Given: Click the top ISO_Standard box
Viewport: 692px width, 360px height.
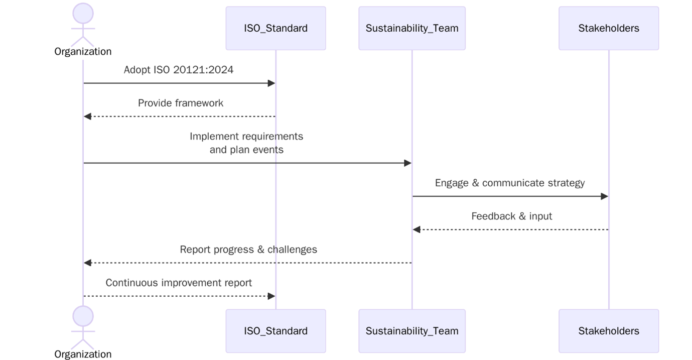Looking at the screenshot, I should (275, 28).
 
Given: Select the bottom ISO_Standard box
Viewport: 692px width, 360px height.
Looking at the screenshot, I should (275, 331).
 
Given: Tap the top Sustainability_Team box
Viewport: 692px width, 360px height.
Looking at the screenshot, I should (412, 28).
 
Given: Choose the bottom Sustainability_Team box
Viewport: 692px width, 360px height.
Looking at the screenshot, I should (412, 331).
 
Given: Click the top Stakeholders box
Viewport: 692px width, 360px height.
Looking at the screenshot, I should (609, 28).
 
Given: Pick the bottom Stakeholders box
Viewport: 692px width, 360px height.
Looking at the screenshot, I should (609, 331).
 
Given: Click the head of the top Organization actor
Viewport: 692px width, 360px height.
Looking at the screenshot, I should (83, 14).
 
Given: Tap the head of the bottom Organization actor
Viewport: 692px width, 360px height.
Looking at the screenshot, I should (83, 316).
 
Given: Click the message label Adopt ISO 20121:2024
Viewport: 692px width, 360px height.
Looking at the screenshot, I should (179, 70).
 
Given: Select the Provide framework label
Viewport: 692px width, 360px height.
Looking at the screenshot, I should (181, 103).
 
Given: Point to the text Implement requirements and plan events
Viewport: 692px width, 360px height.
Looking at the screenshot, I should (246, 143).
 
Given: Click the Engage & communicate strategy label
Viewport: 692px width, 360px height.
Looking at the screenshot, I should (510, 183).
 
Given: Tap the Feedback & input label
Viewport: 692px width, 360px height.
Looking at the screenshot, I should (511, 216).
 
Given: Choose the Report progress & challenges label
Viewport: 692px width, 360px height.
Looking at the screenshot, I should (248, 250).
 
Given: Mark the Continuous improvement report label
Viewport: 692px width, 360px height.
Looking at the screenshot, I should (179, 283).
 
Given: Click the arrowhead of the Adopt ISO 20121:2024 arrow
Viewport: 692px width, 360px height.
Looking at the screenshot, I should (271, 83).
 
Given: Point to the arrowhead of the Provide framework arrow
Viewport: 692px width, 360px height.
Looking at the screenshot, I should (88, 116).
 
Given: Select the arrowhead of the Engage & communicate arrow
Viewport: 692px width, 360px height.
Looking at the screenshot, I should (604, 196).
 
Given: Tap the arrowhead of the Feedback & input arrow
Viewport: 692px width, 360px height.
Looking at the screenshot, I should (417, 229).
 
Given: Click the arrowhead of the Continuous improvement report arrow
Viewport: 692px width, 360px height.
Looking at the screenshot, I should (271, 296).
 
